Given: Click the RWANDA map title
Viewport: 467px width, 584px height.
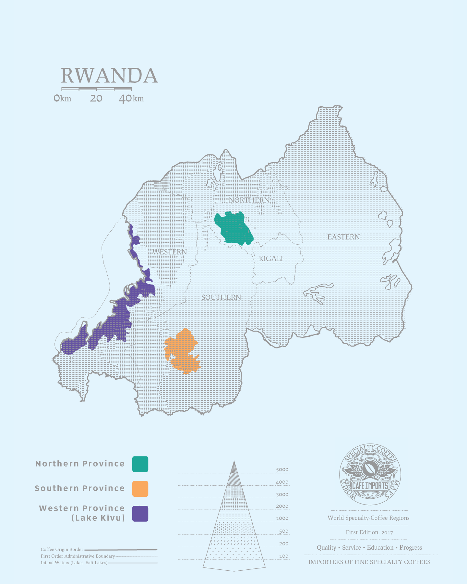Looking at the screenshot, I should point(109,76).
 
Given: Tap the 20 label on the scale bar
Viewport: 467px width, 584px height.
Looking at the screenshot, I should point(96,98).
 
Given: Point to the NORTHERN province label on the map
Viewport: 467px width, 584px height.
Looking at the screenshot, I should point(249,200).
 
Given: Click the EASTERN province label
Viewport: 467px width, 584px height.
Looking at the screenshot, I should point(343,237).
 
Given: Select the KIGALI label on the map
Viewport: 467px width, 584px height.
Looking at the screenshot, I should point(271,259).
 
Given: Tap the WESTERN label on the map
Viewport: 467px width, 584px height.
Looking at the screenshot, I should point(170,252).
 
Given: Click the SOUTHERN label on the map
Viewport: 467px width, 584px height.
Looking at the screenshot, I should point(221,297).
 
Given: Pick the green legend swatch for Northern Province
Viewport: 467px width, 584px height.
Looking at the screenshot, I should point(140,464).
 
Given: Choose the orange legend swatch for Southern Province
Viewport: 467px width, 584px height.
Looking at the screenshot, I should point(140,489).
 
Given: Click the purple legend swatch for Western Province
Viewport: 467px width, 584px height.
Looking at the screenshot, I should point(140,514).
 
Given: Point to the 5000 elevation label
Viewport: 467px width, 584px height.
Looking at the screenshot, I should point(282,470).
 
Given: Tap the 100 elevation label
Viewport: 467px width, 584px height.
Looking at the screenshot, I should point(284,556).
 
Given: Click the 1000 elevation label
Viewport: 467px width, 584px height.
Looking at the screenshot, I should point(282,518).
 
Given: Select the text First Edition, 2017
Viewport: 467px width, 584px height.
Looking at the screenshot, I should point(369,532).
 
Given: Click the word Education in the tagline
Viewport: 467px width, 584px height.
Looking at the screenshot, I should point(380,548).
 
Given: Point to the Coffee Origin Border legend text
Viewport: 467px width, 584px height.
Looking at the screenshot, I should point(62,549).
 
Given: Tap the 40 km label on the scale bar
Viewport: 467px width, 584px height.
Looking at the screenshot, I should point(131,98).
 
